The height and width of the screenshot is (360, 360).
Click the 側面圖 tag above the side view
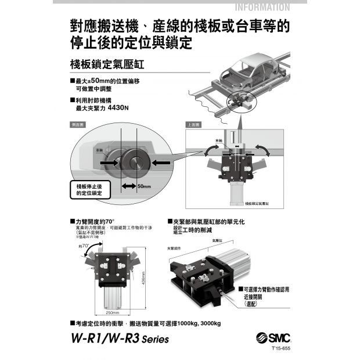[77, 124]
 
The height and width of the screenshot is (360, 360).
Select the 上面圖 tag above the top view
[193, 125]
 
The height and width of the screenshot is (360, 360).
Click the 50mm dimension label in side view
[144, 186]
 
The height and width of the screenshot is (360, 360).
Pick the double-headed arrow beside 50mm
[128, 186]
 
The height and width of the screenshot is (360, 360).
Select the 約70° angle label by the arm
[84, 246]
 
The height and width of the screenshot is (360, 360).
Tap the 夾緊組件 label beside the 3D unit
[174, 248]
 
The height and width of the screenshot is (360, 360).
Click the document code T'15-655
[280, 349]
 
